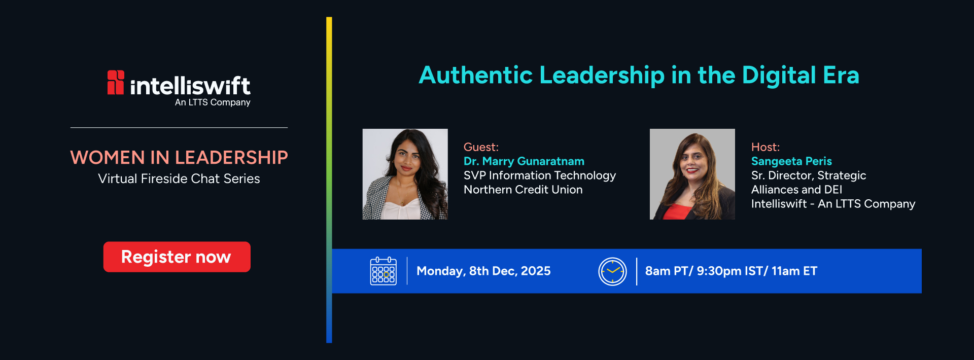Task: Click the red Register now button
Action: (177, 257)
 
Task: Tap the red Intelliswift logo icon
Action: (116, 82)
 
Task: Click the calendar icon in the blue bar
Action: (384, 271)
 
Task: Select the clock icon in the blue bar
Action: (612, 271)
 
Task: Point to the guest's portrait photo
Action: (405, 174)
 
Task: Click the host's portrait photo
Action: (692, 174)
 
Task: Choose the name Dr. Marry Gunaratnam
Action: (524, 161)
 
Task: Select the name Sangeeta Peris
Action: (791, 161)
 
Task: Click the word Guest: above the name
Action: (481, 147)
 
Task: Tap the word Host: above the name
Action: (766, 147)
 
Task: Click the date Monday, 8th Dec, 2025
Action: (483, 271)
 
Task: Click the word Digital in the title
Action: (779, 75)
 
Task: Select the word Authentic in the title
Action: (476, 75)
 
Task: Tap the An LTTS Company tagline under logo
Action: (213, 102)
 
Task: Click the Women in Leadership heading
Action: (179, 158)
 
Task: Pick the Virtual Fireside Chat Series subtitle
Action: (179, 178)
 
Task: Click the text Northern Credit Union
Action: (523, 190)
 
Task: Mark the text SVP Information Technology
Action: (540, 175)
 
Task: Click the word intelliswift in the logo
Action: (190, 86)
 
